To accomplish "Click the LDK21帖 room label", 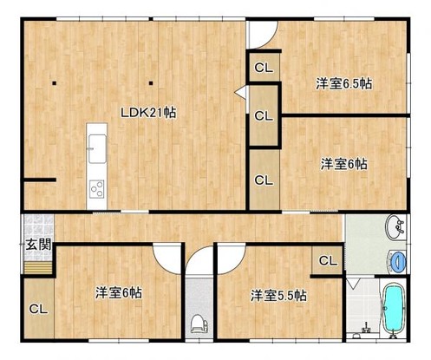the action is click(x=148, y=112).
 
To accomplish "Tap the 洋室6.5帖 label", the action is click(x=343, y=84).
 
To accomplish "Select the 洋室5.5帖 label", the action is click(x=278, y=296).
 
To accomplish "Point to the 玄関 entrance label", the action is click(x=39, y=245).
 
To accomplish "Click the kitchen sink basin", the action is click(x=97, y=148).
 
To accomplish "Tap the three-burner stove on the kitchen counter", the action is click(x=97, y=189).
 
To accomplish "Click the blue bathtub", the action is click(x=393, y=308).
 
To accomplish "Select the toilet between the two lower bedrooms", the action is click(x=199, y=324).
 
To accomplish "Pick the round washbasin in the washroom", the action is click(x=395, y=226).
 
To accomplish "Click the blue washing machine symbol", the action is click(x=397, y=261).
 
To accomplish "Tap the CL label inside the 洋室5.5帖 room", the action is click(x=328, y=261).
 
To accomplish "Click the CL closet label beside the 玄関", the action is click(x=38, y=309).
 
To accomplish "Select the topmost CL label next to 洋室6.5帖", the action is click(x=264, y=68).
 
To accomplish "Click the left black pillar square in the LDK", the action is click(x=54, y=83).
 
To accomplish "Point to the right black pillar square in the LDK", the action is click(x=151, y=83).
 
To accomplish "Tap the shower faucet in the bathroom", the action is click(x=366, y=328).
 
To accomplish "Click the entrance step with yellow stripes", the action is click(x=37, y=267).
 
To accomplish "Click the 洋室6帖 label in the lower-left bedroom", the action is click(x=119, y=293).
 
